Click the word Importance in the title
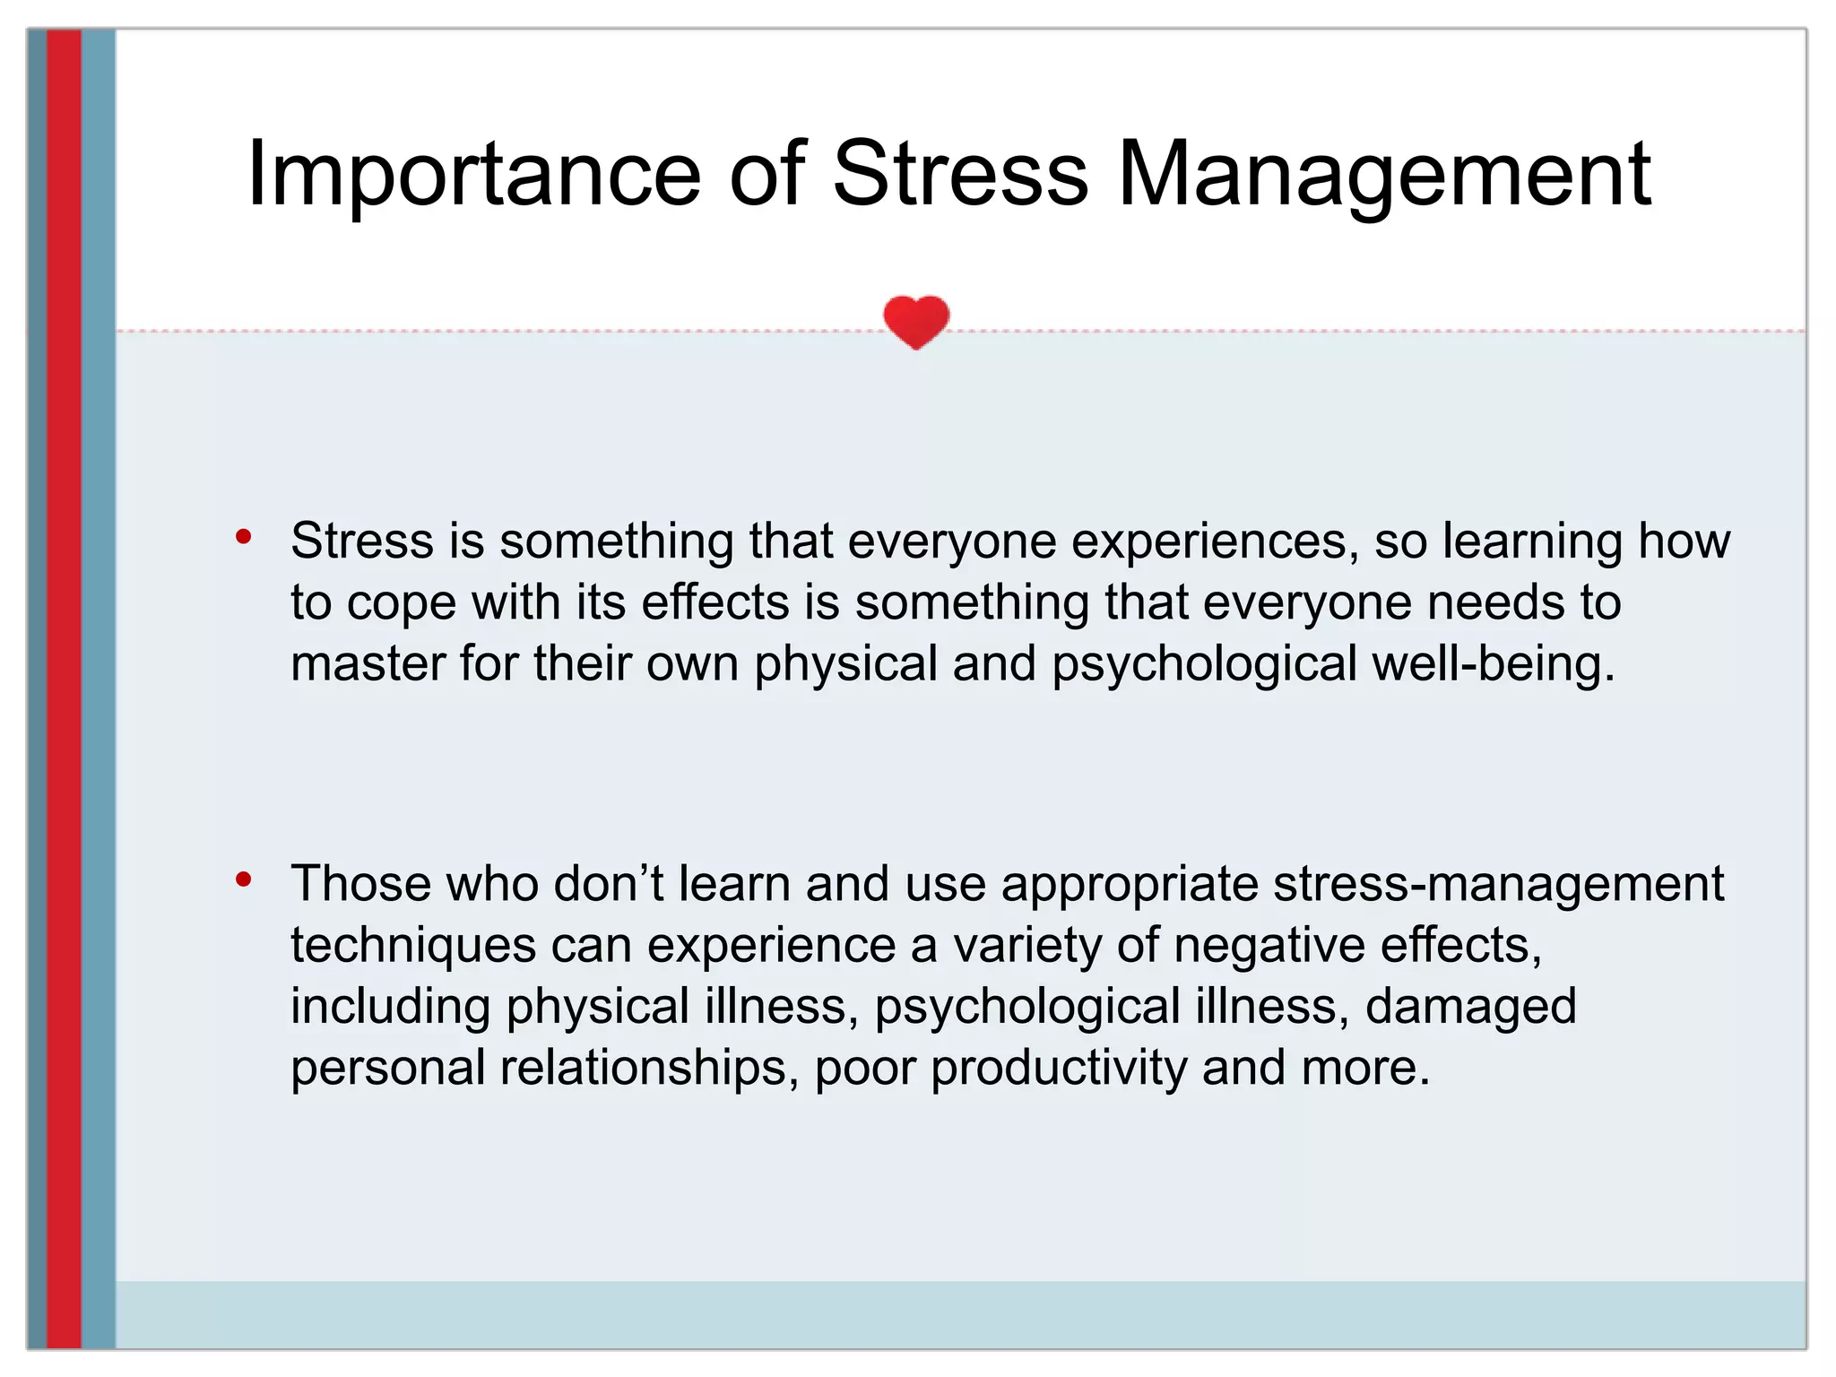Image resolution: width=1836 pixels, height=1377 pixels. click(x=472, y=175)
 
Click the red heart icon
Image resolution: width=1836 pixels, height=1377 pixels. click(x=915, y=321)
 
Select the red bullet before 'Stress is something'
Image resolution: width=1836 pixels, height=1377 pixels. click(x=243, y=537)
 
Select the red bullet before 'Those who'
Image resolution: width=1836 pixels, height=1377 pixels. click(x=243, y=879)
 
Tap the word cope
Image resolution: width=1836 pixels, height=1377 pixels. click(x=402, y=603)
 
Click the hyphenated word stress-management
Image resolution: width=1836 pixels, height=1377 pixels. click(x=1498, y=884)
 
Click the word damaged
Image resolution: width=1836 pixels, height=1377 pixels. click(x=1470, y=1007)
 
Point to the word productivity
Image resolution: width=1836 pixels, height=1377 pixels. click(x=1058, y=1068)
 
